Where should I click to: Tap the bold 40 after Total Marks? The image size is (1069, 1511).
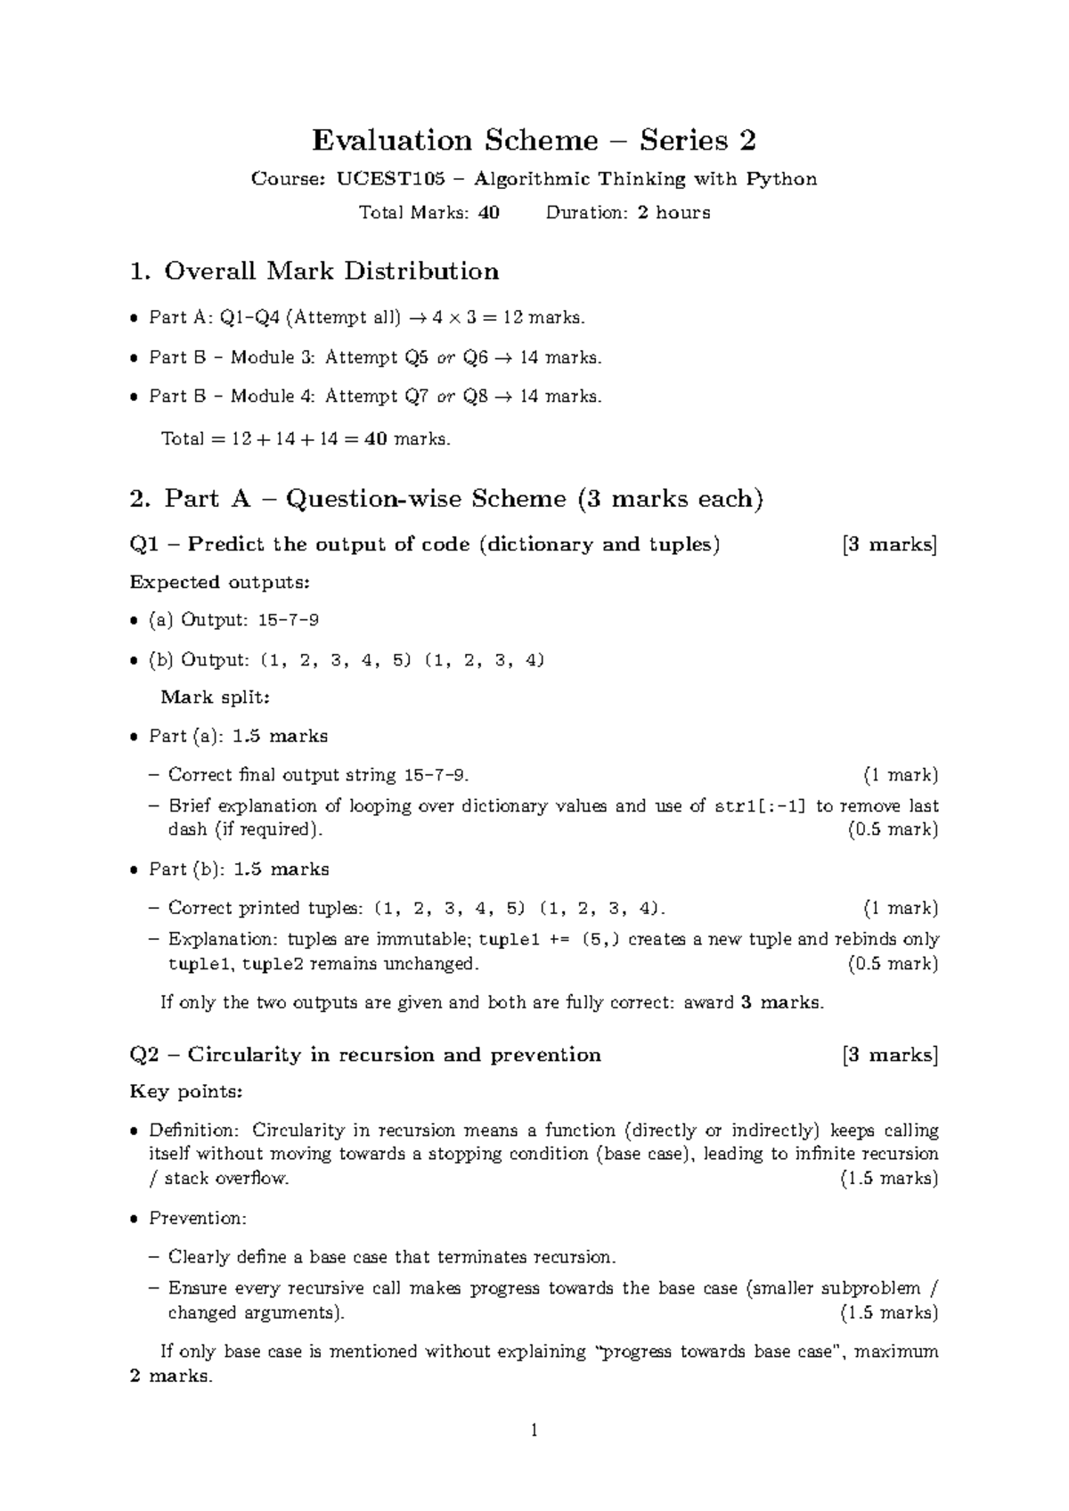(x=488, y=213)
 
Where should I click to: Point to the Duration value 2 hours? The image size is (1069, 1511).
(x=673, y=213)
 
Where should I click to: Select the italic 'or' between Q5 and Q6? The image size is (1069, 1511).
(x=445, y=358)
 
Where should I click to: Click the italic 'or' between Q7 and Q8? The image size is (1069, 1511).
(x=445, y=396)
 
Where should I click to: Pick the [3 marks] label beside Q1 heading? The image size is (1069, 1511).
(x=889, y=544)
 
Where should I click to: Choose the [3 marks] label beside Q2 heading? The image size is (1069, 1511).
(x=889, y=1055)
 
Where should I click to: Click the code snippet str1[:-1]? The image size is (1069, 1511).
(x=762, y=806)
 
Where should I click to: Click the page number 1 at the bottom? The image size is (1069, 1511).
(x=534, y=1432)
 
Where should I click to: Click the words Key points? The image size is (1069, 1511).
(x=185, y=1091)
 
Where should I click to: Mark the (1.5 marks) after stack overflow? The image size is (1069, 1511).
(x=889, y=1179)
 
